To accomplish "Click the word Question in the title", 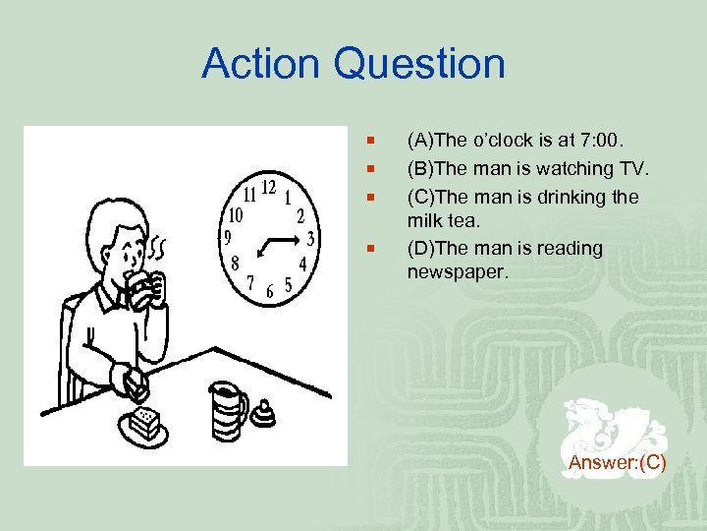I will (x=419, y=64).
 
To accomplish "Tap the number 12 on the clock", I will (x=268, y=188).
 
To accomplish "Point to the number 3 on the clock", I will (x=310, y=238).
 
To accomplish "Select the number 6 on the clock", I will (x=270, y=292).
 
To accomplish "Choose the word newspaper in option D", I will (x=458, y=271).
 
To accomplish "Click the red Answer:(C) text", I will (x=617, y=462).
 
